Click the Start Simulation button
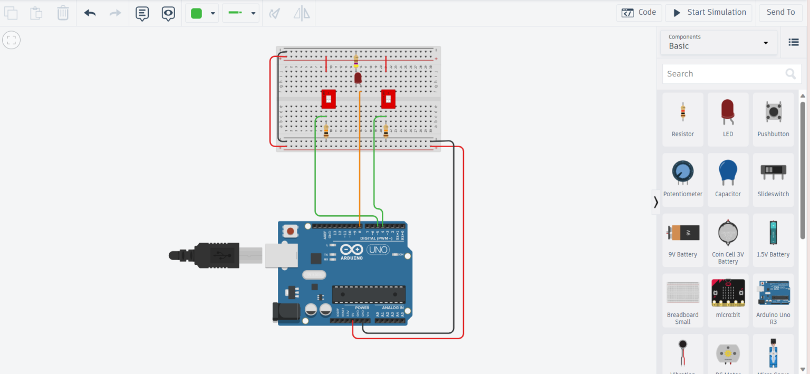[708, 13]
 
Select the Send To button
[780, 13]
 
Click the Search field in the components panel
[725, 74]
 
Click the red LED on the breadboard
[358, 79]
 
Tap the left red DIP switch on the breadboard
[329, 99]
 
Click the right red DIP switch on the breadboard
[389, 99]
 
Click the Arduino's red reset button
[290, 231]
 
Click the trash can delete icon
[63, 13]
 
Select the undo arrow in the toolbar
[90, 13]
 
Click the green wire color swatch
[197, 14]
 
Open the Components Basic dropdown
[718, 42]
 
